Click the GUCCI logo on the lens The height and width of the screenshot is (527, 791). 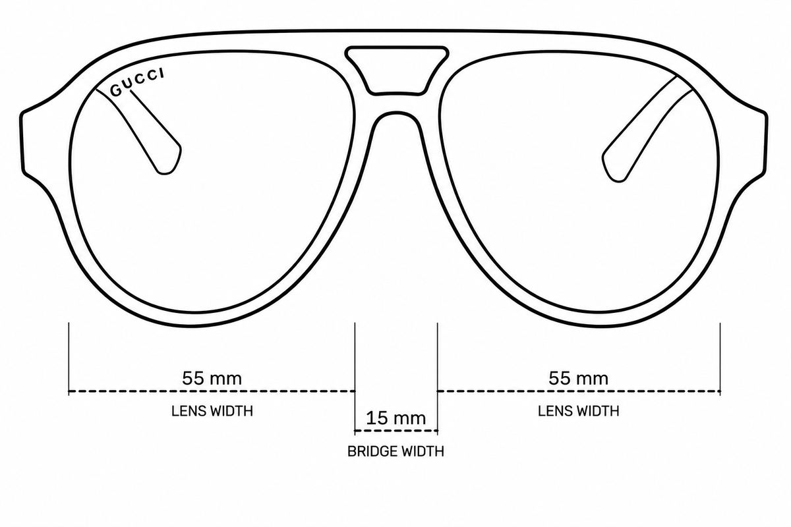tap(137, 82)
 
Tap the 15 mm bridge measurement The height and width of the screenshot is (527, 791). tap(396, 418)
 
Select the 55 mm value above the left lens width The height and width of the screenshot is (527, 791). tap(212, 378)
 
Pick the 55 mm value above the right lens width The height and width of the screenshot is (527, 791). tap(579, 378)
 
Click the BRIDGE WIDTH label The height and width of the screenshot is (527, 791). tap(396, 451)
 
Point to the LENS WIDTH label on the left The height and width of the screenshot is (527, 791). tap(212, 411)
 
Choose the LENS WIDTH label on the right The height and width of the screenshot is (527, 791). tap(579, 411)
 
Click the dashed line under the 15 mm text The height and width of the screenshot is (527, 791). tap(396, 431)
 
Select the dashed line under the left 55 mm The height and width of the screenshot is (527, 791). tap(212, 391)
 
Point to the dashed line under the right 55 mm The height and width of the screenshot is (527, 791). tap(579, 391)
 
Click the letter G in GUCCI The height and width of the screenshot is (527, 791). tap(116, 91)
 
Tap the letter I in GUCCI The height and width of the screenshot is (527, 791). tap(162, 73)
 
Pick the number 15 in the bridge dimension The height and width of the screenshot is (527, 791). tap(377, 418)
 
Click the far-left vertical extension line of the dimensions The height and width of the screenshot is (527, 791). tap(69, 358)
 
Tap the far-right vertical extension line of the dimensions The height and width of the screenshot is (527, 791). tap(720, 358)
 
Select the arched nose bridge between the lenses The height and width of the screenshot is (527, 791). tap(396, 113)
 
